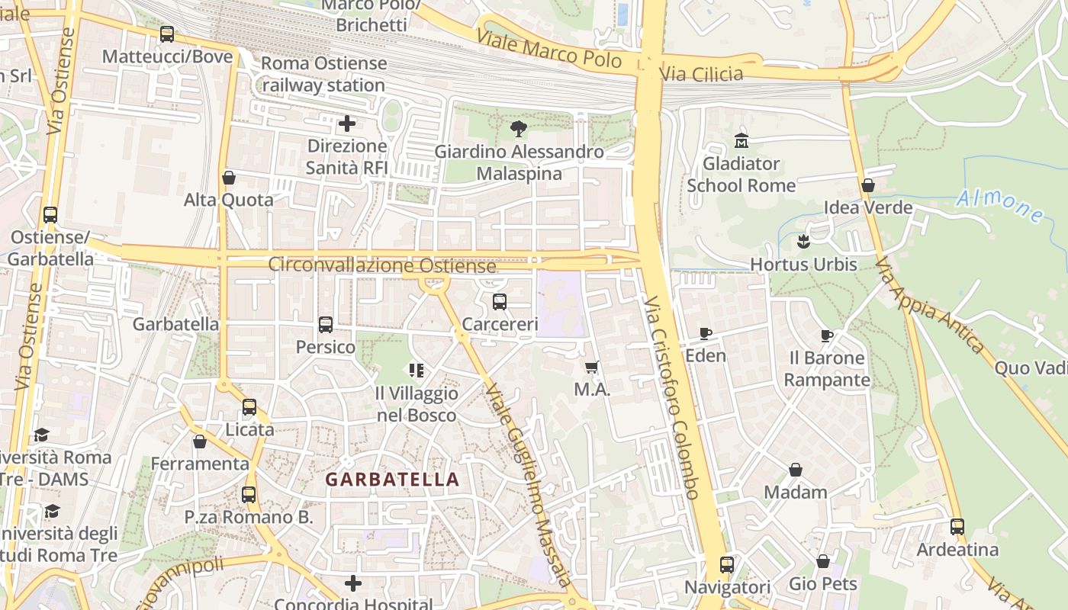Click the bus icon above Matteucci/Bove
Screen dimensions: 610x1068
pos(166,34)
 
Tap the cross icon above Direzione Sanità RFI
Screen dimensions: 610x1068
pos(347,124)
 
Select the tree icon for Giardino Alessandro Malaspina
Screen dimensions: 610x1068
pos(519,129)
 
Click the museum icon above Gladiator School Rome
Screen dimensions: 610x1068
pos(741,141)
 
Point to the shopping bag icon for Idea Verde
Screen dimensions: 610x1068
pos(867,185)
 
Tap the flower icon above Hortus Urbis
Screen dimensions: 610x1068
pos(803,242)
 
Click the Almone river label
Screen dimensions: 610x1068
pos(999,206)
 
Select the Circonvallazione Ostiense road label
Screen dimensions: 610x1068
pos(381,265)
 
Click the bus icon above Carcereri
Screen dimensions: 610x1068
pos(500,302)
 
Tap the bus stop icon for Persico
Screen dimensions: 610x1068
pos(326,325)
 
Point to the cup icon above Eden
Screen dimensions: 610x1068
pos(706,333)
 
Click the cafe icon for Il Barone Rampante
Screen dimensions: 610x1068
pos(826,335)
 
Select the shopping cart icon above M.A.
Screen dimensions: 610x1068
pos(591,368)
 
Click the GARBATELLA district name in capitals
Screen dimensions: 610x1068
pos(392,480)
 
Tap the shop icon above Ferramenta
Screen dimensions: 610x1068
pos(200,441)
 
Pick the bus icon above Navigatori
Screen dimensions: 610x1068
pos(727,565)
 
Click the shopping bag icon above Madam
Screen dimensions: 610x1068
pos(795,470)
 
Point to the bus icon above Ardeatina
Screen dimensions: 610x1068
pos(957,527)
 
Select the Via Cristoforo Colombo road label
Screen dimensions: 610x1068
pos(671,398)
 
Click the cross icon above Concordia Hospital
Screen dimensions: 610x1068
pos(352,583)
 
